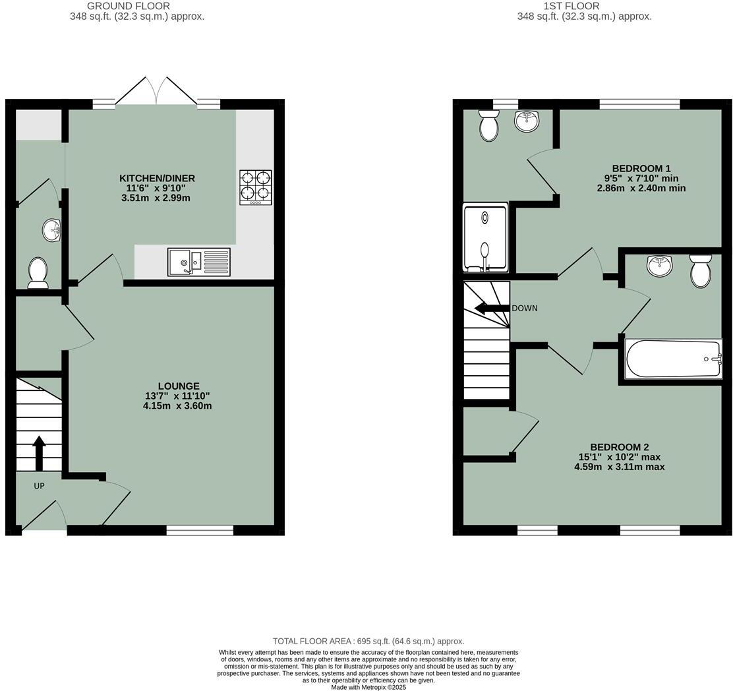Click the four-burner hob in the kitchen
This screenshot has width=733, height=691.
256,187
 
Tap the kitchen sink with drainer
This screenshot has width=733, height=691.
199,262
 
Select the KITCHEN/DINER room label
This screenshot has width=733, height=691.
157,179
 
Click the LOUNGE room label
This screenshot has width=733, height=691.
178,386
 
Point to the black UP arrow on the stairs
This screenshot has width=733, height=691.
39,453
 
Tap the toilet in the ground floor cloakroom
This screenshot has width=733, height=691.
38,273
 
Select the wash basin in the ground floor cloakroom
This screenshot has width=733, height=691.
52,230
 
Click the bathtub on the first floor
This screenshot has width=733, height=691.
673,359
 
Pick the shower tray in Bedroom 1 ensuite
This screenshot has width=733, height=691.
486,237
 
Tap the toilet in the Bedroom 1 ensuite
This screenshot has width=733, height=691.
489,125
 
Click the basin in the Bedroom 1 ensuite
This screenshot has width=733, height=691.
527,120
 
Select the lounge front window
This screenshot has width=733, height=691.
200,530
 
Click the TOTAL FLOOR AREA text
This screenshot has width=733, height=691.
368,641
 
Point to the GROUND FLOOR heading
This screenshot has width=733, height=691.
129,6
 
